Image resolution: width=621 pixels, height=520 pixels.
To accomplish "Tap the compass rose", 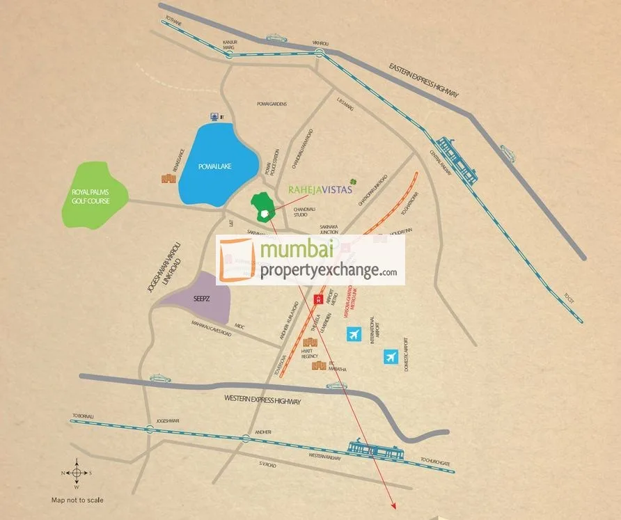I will (77, 473).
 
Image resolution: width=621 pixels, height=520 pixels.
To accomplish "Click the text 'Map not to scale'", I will (77, 500).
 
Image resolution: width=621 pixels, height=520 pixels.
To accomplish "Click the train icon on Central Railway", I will (456, 161).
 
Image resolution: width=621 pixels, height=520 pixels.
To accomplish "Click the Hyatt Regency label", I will (309, 355).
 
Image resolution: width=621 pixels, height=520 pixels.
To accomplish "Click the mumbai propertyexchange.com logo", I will (310, 260).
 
